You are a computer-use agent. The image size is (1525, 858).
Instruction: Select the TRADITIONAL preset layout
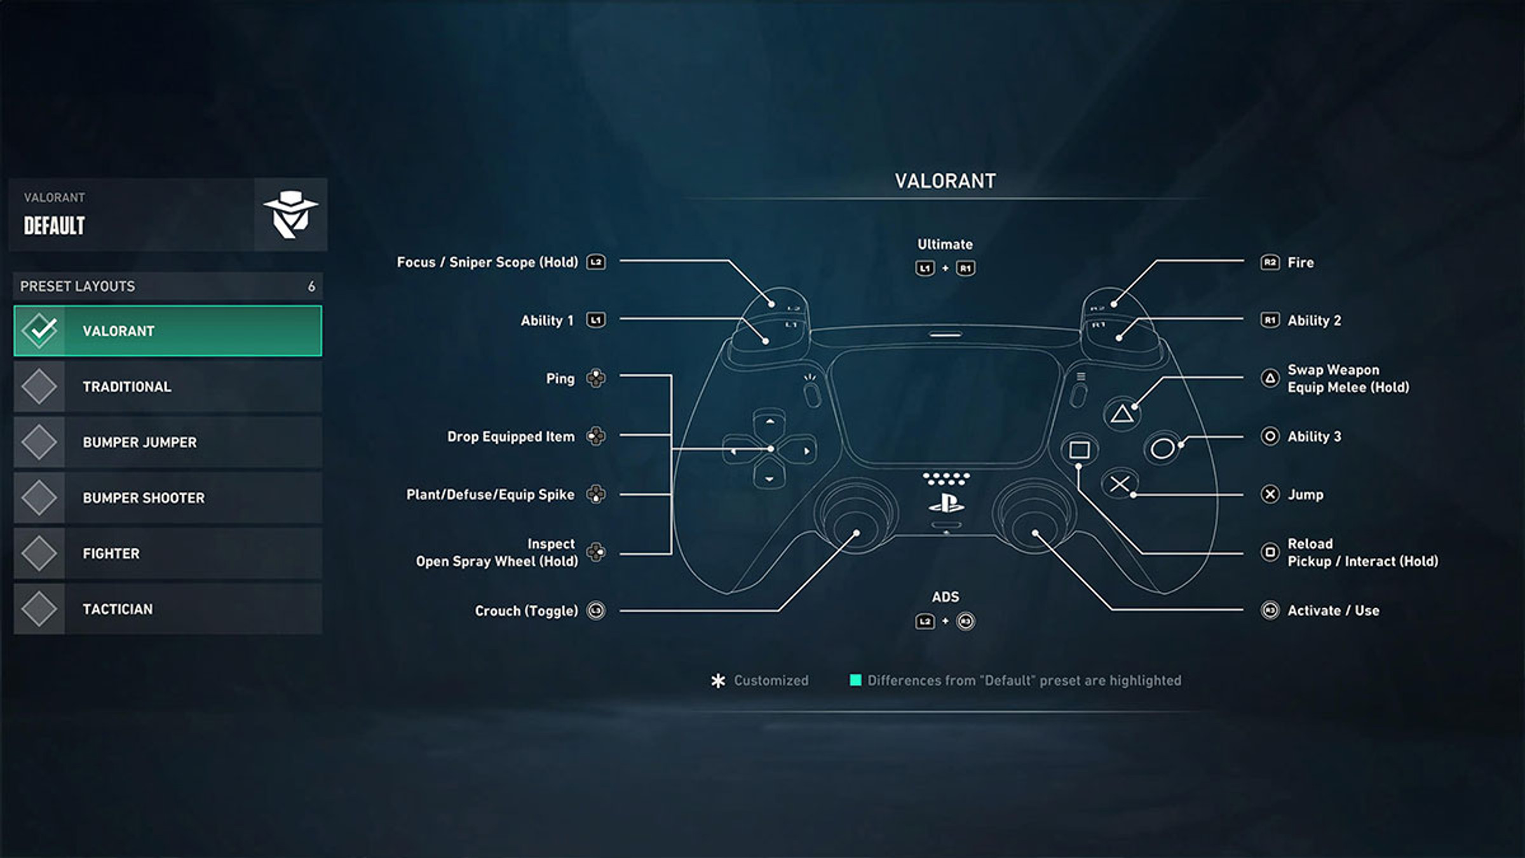pyautogui.click(x=168, y=386)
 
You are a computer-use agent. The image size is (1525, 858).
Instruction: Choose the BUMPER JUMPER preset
pyautogui.click(x=168, y=442)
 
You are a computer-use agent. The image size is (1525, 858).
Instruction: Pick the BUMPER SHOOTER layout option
pyautogui.click(x=168, y=498)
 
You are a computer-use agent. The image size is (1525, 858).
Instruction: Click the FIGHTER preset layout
pyautogui.click(x=168, y=554)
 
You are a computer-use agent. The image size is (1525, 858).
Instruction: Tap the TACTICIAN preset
pyautogui.click(x=168, y=609)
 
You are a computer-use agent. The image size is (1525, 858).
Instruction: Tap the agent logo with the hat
pyautogui.click(x=291, y=214)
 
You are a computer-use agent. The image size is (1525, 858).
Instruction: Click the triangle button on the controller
pyautogui.click(x=1122, y=414)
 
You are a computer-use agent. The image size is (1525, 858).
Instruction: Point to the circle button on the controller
pyautogui.click(x=1162, y=449)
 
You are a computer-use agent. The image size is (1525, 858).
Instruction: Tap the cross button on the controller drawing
pyautogui.click(x=1120, y=484)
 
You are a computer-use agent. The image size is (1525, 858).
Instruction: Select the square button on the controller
pyautogui.click(x=1079, y=450)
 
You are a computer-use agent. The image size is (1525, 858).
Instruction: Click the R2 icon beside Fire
pyautogui.click(x=1270, y=262)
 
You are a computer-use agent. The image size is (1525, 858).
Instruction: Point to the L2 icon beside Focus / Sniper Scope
pyautogui.click(x=596, y=262)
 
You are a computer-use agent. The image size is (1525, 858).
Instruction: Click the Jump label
pyautogui.click(x=1305, y=494)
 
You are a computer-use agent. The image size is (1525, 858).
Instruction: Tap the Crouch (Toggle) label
pyautogui.click(x=527, y=611)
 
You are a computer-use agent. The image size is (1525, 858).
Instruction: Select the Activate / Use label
pyautogui.click(x=1333, y=611)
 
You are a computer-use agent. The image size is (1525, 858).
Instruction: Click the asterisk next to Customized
pyautogui.click(x=718, y=681)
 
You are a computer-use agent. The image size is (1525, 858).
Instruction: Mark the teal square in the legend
pyautogui.click(x=855, y=680)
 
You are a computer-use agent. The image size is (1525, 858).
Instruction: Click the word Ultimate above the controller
pyautogui.click(x=945, y=244)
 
